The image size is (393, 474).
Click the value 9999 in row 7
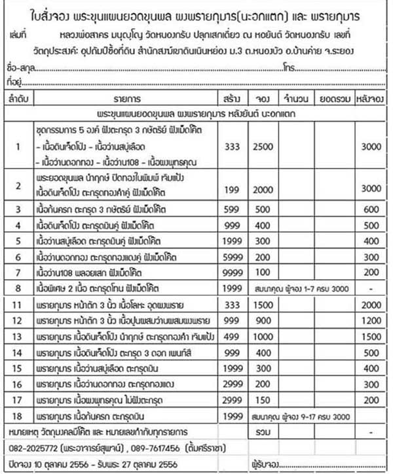[231, 271]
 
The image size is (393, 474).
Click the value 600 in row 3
[371, 211]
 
